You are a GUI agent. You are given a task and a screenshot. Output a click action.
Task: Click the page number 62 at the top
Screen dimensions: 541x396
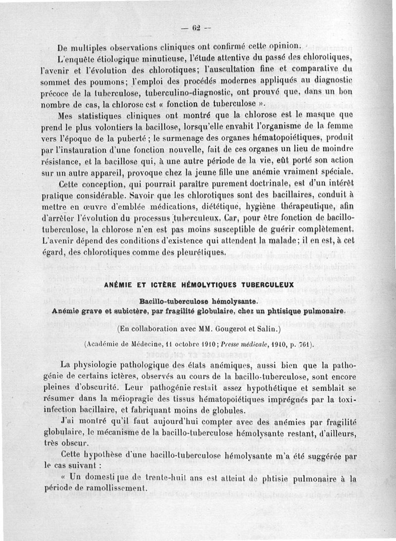coord(198,27)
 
